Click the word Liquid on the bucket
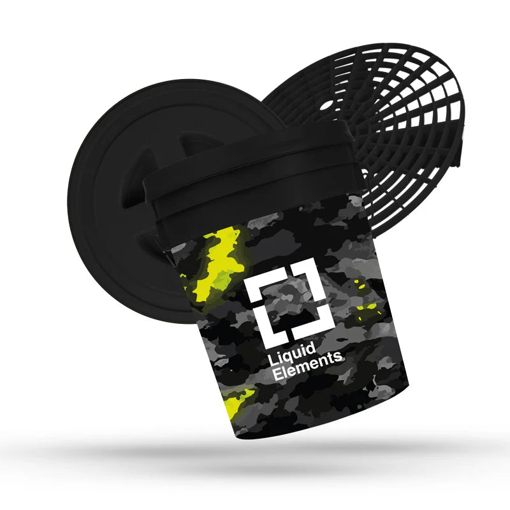291,353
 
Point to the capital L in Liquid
272,358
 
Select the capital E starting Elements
277,374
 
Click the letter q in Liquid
286,355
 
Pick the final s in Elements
339,357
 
